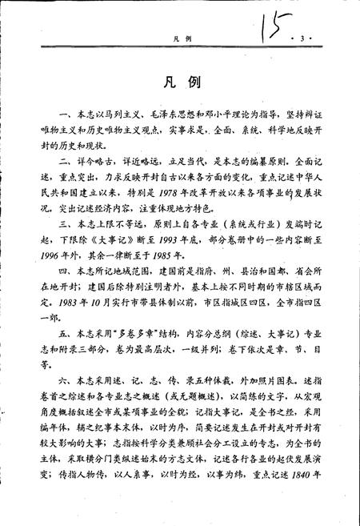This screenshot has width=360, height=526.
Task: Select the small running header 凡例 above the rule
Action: click(x=181, y=38)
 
